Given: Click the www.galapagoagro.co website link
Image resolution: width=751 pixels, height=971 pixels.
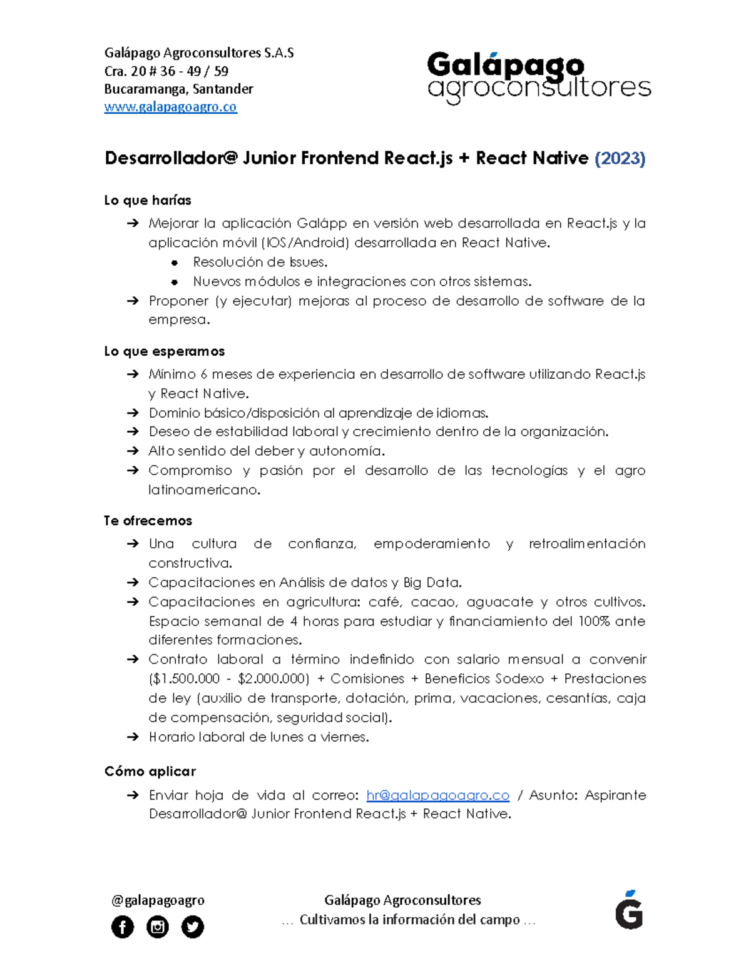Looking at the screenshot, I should (x=170, y=107).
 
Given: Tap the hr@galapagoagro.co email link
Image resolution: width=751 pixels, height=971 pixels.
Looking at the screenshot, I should (x=437, y=795).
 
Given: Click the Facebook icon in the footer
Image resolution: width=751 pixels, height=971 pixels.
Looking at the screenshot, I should (x=123, y=927).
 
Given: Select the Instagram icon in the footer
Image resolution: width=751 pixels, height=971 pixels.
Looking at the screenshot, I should (x=158, y=927).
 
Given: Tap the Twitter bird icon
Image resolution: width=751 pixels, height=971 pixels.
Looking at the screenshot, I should (x=193, y=927).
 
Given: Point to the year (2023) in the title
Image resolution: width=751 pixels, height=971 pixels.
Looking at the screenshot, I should (x=620, y=158).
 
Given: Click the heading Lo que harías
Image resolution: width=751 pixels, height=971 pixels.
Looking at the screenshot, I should (x=148, y=201).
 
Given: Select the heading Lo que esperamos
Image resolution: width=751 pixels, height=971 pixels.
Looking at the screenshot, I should (x=164, y=351).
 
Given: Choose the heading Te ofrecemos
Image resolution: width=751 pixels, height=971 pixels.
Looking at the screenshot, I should (x=148, y=521).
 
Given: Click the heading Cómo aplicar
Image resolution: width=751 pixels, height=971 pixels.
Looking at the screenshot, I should (x=150, y=772).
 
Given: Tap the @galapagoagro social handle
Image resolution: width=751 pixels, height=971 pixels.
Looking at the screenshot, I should (x=158, y=900).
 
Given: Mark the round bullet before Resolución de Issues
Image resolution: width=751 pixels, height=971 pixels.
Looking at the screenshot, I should (x=175, y=263).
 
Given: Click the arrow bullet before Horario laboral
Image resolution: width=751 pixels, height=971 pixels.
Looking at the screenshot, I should (x=132, y=737).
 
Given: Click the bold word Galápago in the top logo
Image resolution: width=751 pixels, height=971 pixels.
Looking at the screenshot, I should (x=506, y=66).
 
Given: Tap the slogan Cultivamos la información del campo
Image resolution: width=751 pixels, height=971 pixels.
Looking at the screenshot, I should (x=409, y=920).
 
